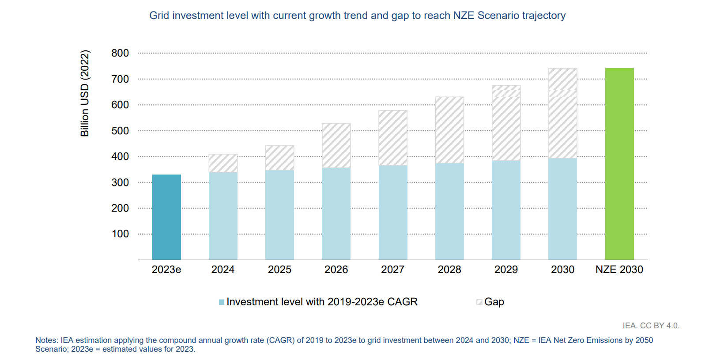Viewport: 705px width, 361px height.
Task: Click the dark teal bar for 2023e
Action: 166,217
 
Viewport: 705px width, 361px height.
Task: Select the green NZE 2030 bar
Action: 619,164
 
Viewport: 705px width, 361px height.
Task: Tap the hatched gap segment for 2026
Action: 336,145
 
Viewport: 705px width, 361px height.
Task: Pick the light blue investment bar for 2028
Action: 449,211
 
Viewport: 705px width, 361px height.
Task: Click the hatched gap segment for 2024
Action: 223,163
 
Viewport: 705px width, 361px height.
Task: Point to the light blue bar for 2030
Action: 563,209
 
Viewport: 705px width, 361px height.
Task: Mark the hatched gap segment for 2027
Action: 393,138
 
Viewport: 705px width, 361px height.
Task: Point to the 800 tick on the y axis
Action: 120,53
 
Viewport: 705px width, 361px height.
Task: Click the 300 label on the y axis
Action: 120,182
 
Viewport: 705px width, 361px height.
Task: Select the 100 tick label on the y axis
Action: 120,234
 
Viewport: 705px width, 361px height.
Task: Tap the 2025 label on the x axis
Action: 279,270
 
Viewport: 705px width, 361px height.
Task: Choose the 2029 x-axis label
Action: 506,270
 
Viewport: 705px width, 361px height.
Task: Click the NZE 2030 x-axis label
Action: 619,270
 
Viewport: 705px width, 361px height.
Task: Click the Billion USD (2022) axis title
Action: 85,93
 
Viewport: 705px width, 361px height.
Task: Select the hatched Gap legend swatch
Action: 479,302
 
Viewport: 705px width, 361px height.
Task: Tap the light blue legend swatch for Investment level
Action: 222,302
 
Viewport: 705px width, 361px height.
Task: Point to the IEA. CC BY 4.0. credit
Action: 651,326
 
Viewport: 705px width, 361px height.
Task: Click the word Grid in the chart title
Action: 159,15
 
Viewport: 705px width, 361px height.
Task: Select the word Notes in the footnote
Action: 47,340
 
